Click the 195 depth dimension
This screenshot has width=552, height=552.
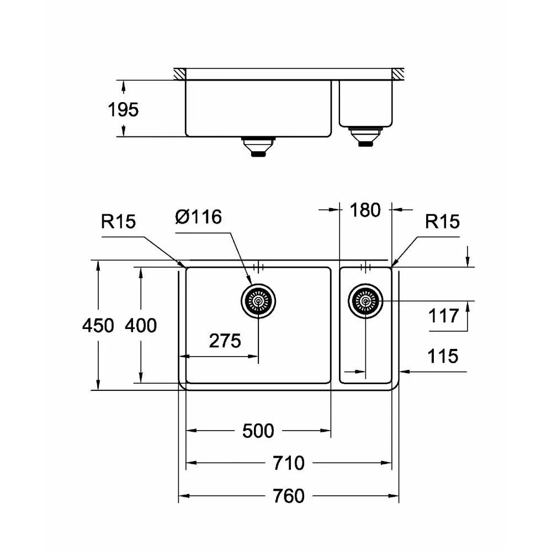click(123, 110)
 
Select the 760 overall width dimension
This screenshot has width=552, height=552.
click(288, 496)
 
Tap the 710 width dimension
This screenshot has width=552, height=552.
click(288, 463)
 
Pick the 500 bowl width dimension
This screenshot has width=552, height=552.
click(258, 430)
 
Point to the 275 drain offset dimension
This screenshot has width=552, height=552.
click(225, 341)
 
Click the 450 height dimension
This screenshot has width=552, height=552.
click(98, 326)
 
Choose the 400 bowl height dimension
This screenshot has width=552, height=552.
click(140, 326)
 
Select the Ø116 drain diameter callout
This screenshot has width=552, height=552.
click(198, 217)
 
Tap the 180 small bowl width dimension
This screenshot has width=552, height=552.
click(365, 210)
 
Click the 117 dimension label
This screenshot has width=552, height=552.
click(443, 316)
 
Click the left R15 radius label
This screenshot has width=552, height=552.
click(118, 221)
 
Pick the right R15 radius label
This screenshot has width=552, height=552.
click(442, 221)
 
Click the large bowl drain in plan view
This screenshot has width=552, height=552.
click(258, 301)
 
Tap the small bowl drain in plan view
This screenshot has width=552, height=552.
click(365, 301)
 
